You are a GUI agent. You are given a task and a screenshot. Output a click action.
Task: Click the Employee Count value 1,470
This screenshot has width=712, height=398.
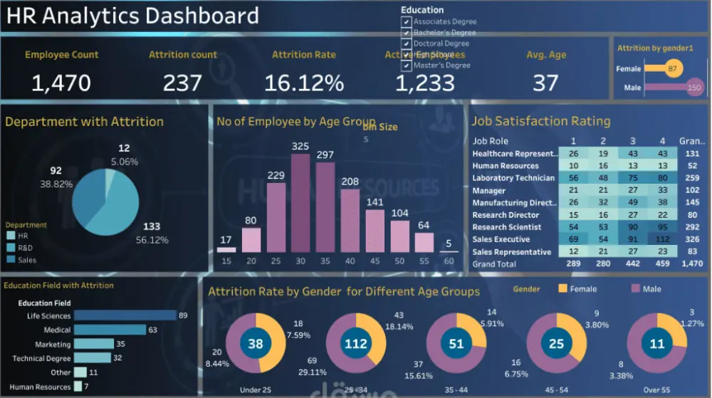61,83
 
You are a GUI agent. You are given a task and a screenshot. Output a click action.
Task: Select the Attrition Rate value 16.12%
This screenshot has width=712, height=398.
304,83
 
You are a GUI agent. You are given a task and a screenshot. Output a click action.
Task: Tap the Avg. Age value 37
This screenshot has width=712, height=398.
546,83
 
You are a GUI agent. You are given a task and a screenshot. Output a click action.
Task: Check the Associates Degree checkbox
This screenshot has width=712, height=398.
407,21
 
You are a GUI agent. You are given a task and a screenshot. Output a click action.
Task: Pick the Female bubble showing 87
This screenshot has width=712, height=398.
673,69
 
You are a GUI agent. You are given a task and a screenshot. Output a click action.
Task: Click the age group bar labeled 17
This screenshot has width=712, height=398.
226,249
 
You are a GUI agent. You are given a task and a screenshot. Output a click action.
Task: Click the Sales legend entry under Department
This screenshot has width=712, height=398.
27,260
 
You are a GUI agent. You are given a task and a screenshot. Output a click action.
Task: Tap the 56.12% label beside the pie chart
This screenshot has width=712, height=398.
152,240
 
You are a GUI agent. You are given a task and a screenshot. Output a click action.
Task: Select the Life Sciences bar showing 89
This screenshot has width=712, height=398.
125,315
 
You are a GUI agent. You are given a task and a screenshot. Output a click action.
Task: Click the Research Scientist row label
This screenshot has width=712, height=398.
506,227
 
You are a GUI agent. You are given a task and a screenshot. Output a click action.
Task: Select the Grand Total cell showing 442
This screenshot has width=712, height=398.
633,264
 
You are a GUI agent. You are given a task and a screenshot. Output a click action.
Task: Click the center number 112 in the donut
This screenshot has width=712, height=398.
355,345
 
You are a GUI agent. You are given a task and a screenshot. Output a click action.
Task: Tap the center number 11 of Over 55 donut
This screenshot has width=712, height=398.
656,345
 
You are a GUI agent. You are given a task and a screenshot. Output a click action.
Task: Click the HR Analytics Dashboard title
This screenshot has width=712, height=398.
132,16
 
